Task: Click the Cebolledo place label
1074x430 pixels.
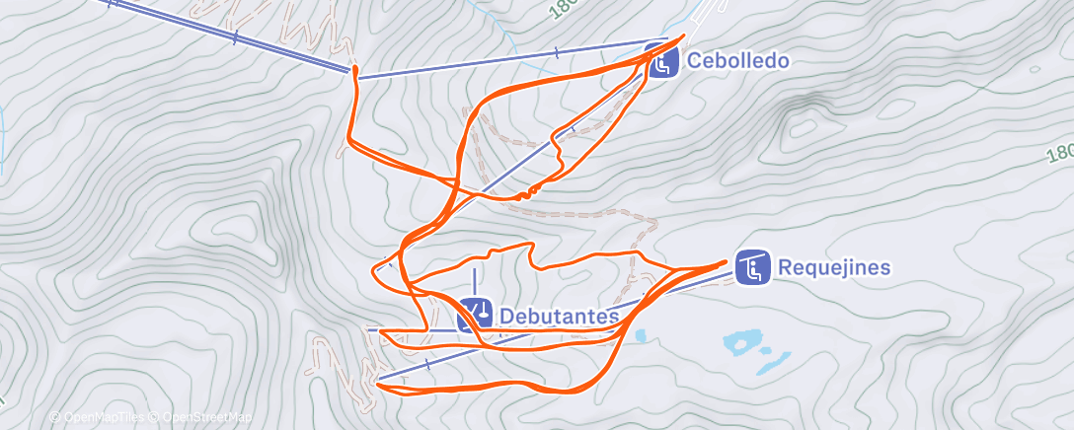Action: pos(737,61)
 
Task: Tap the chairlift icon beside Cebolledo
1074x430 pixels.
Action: pos(661,61)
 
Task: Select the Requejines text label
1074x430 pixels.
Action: pos(834,267)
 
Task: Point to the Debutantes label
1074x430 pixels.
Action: pos(559,316)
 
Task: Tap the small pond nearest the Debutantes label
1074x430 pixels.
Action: pos(641,336)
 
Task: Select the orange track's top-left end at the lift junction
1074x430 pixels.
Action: pos(352,71)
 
